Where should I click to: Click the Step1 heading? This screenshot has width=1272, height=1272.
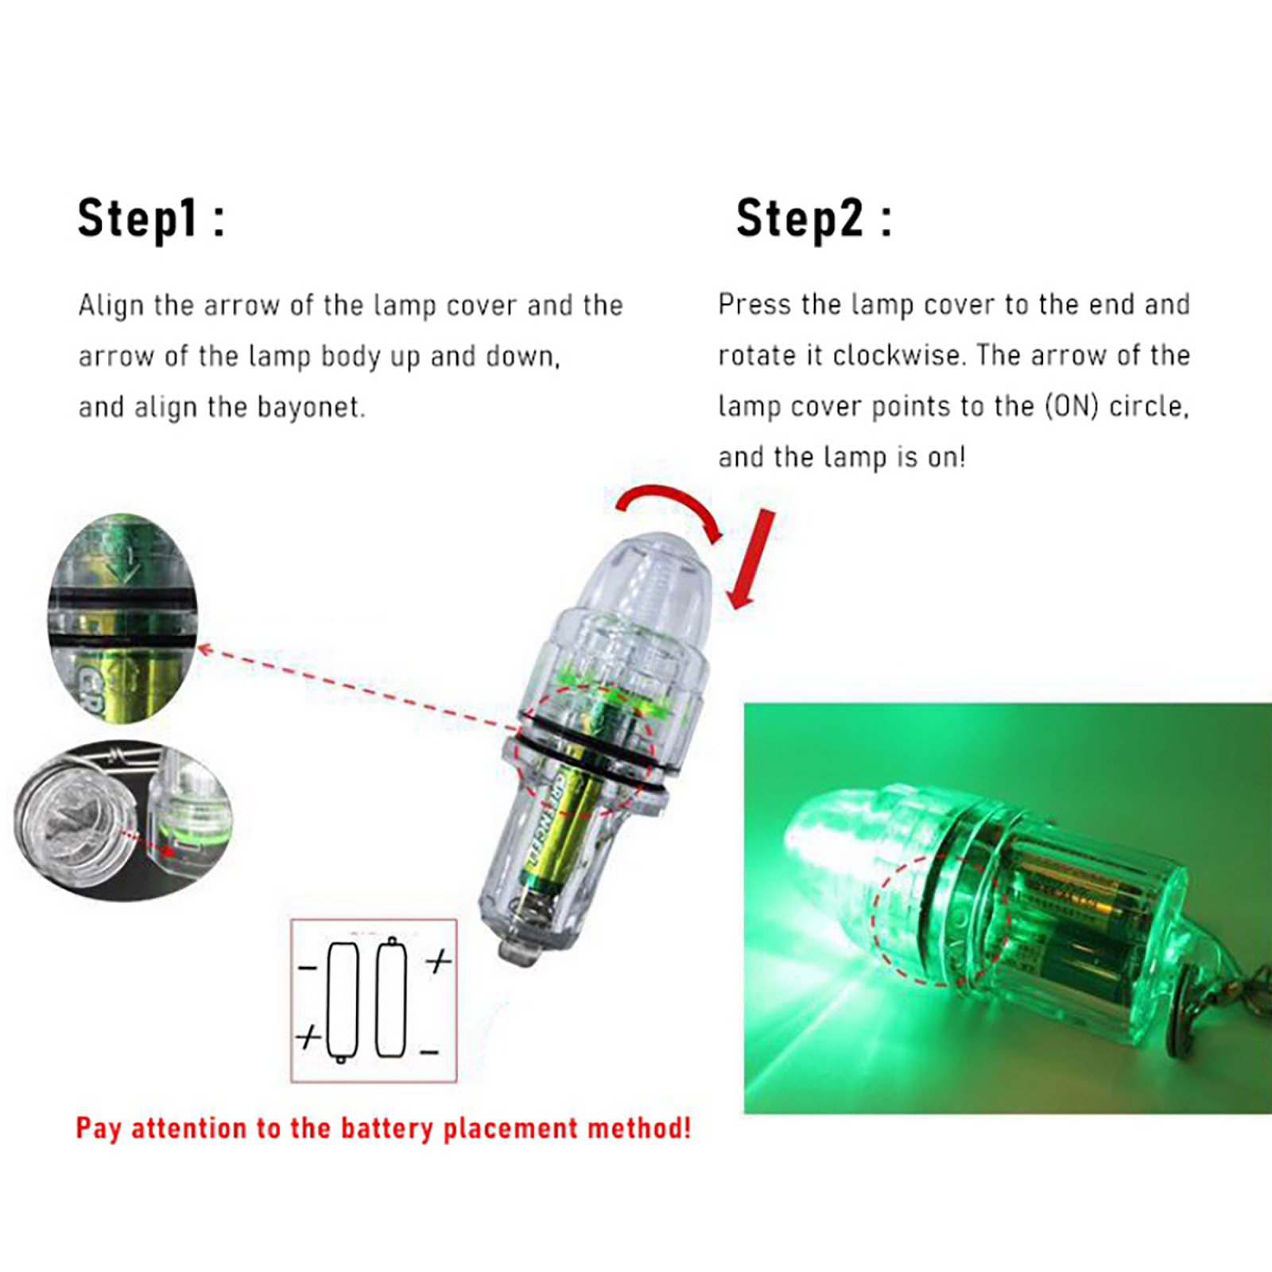151,218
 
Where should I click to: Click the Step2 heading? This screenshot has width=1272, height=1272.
814,218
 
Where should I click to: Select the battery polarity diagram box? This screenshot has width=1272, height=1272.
374,1000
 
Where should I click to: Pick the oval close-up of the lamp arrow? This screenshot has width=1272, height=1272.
122,618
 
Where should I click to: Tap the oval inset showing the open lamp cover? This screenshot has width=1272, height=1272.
123,820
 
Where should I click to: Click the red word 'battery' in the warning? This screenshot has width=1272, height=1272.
389,1128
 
